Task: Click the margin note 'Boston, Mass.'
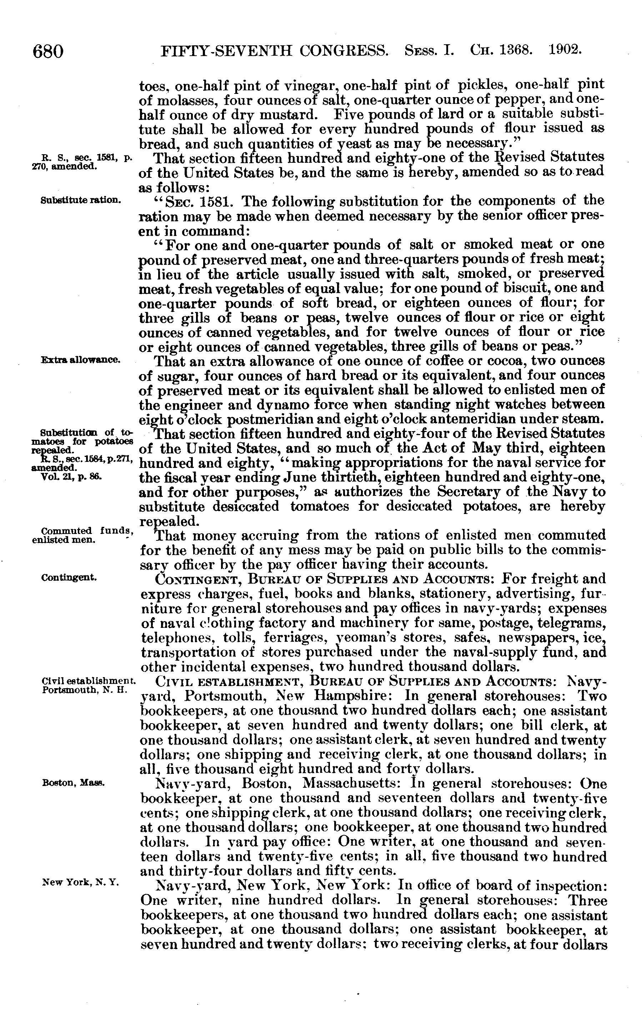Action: pyautogui.click(x=73, y=783)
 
